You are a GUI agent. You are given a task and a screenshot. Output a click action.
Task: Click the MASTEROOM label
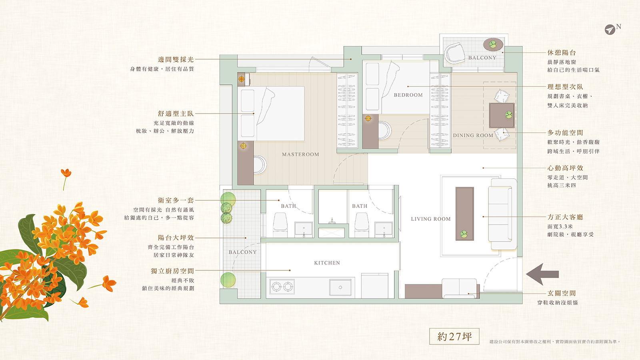click(300, 154)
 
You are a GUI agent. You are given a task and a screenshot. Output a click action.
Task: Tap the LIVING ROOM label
click(430, 219)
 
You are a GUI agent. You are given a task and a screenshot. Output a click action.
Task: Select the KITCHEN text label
click(327, 263)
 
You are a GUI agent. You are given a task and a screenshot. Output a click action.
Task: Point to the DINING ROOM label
click(473, 136)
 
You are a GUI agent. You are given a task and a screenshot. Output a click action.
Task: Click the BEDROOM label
click(408, 95)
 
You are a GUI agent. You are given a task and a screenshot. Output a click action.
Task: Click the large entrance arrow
click(542, 274)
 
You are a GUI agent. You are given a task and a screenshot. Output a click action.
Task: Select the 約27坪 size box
click(454, 336)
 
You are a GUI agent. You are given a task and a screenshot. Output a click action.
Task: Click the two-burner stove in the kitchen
click(282, 286)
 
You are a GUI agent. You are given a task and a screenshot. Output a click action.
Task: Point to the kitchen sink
click(340, 287)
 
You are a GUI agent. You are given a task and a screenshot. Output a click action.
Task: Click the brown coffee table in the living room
click(464, 214)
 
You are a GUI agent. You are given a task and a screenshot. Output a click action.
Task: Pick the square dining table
click(502, 116)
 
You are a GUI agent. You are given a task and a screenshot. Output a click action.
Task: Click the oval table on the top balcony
click(493, 44)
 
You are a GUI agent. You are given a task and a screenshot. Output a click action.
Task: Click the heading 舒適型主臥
click(176, 114)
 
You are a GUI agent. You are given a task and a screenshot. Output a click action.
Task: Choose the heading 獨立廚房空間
click(172, 271)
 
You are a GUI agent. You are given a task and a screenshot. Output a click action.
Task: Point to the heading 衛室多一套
click(176, 200)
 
